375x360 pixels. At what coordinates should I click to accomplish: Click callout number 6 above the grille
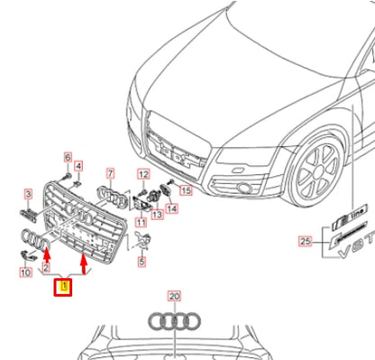tap(67, 159)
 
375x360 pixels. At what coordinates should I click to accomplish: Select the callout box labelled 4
tap(78, 166)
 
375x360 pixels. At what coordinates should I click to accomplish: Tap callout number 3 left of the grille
tap(27, 193)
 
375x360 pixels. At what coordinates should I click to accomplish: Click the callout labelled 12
tap(142, 173)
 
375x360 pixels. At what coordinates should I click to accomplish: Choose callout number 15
tap(187, 191)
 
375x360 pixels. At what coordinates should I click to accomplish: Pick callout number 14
tap(171, 208)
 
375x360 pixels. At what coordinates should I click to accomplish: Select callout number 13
tap(156, 215)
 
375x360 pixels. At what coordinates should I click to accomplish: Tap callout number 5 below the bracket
tap(142, 262)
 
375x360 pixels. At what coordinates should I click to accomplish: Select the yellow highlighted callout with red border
tap(63, 289)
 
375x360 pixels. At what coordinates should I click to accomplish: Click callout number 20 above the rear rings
tap(174, 296)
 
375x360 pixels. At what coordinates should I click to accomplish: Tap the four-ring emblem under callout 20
tap(174, 322)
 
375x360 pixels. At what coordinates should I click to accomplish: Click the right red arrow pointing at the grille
tap(85, 264)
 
